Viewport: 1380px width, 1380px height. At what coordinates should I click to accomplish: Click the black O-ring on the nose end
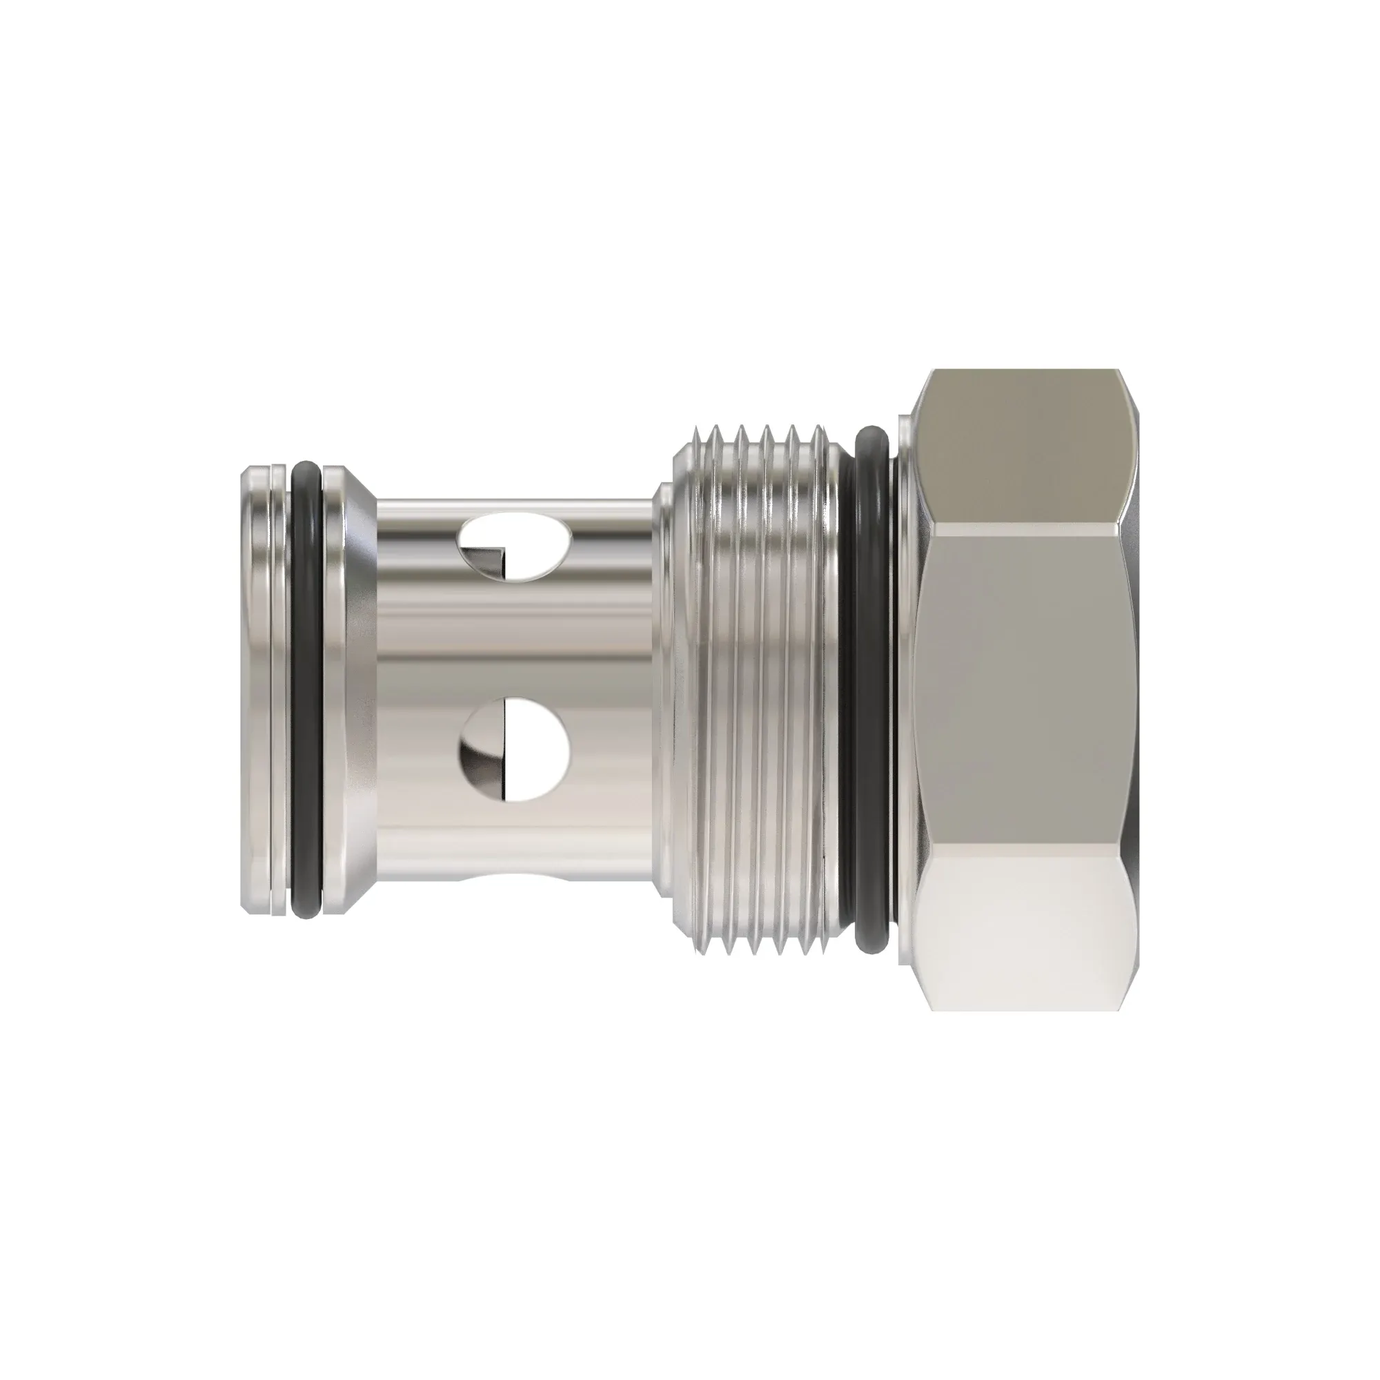point(306,690)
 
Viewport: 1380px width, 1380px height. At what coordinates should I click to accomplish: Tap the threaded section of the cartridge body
point(757,690)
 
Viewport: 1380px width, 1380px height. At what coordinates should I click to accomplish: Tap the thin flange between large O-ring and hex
point(905,690)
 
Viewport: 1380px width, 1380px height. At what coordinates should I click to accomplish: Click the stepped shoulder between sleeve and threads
point(664,690)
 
